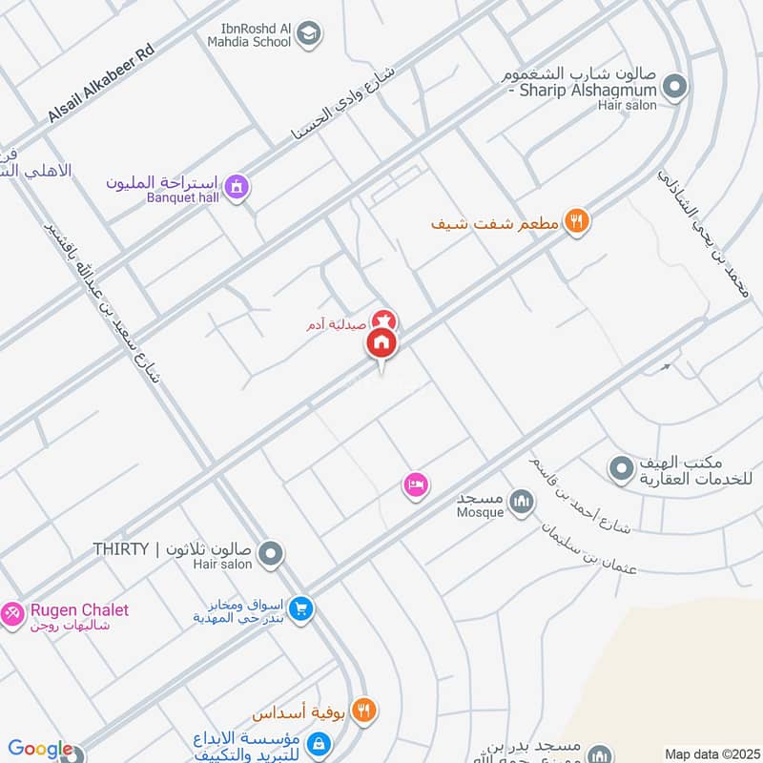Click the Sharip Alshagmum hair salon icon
coord(674,88)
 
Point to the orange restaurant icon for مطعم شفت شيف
coord(576,222)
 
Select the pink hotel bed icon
coord(415,485)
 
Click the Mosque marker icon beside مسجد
coord(521,501)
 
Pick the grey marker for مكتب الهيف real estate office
coord(621,468)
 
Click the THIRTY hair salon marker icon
coord(271,552)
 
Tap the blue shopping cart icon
coord(301,607)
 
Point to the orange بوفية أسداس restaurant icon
coord(363,711)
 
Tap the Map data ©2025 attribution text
coord(711,753)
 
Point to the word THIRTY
coord(121,549)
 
